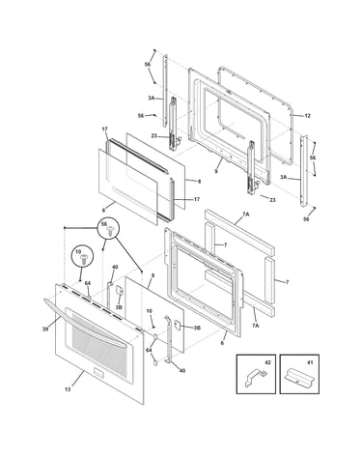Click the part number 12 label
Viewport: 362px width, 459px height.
click(x=307, y=116)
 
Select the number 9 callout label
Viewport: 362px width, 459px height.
click(x=216, y=171)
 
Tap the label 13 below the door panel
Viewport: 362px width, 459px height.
click(x=68, y=389)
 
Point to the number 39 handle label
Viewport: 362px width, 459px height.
click(x=45, y=329)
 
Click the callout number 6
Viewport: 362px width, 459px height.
click(x=222, y=343)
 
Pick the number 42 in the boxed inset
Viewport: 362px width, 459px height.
click(x=267, y=362)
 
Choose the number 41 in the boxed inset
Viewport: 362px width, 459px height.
click(x=310, y=362)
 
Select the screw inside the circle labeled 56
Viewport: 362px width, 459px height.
click(x=111, y=231)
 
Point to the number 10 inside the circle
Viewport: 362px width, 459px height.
click(x=78, y=251)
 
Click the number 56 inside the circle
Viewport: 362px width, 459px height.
click(x=104, y=224)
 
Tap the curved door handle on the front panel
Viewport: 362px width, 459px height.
click(x=84, y=322)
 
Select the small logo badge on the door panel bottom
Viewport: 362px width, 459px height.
click(x=98, y=372)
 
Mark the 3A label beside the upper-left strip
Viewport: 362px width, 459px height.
click(x=152, y=98)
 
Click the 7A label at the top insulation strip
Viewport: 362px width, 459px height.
click(x=246, y=214)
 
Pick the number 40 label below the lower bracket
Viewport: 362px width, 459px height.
click(x=182, y=371)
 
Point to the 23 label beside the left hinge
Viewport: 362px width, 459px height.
click(x=153, y=136)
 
